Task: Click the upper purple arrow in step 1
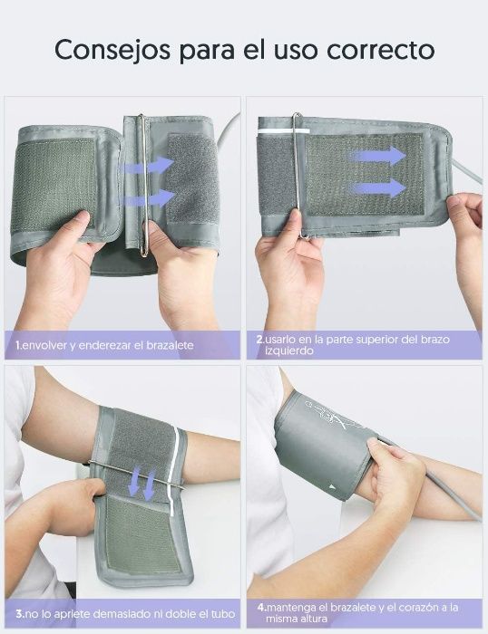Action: point(149,166)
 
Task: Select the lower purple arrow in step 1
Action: point(149,198)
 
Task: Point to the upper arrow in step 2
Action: point(378,156)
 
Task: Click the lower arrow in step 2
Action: point(378,187)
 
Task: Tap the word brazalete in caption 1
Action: point(170,345)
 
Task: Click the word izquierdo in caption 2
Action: point(289,351)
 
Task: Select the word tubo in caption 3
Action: point(223,614)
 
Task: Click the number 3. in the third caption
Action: point(21,614)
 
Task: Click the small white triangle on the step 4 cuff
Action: point(332,486)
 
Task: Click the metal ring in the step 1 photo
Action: point(142,185)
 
